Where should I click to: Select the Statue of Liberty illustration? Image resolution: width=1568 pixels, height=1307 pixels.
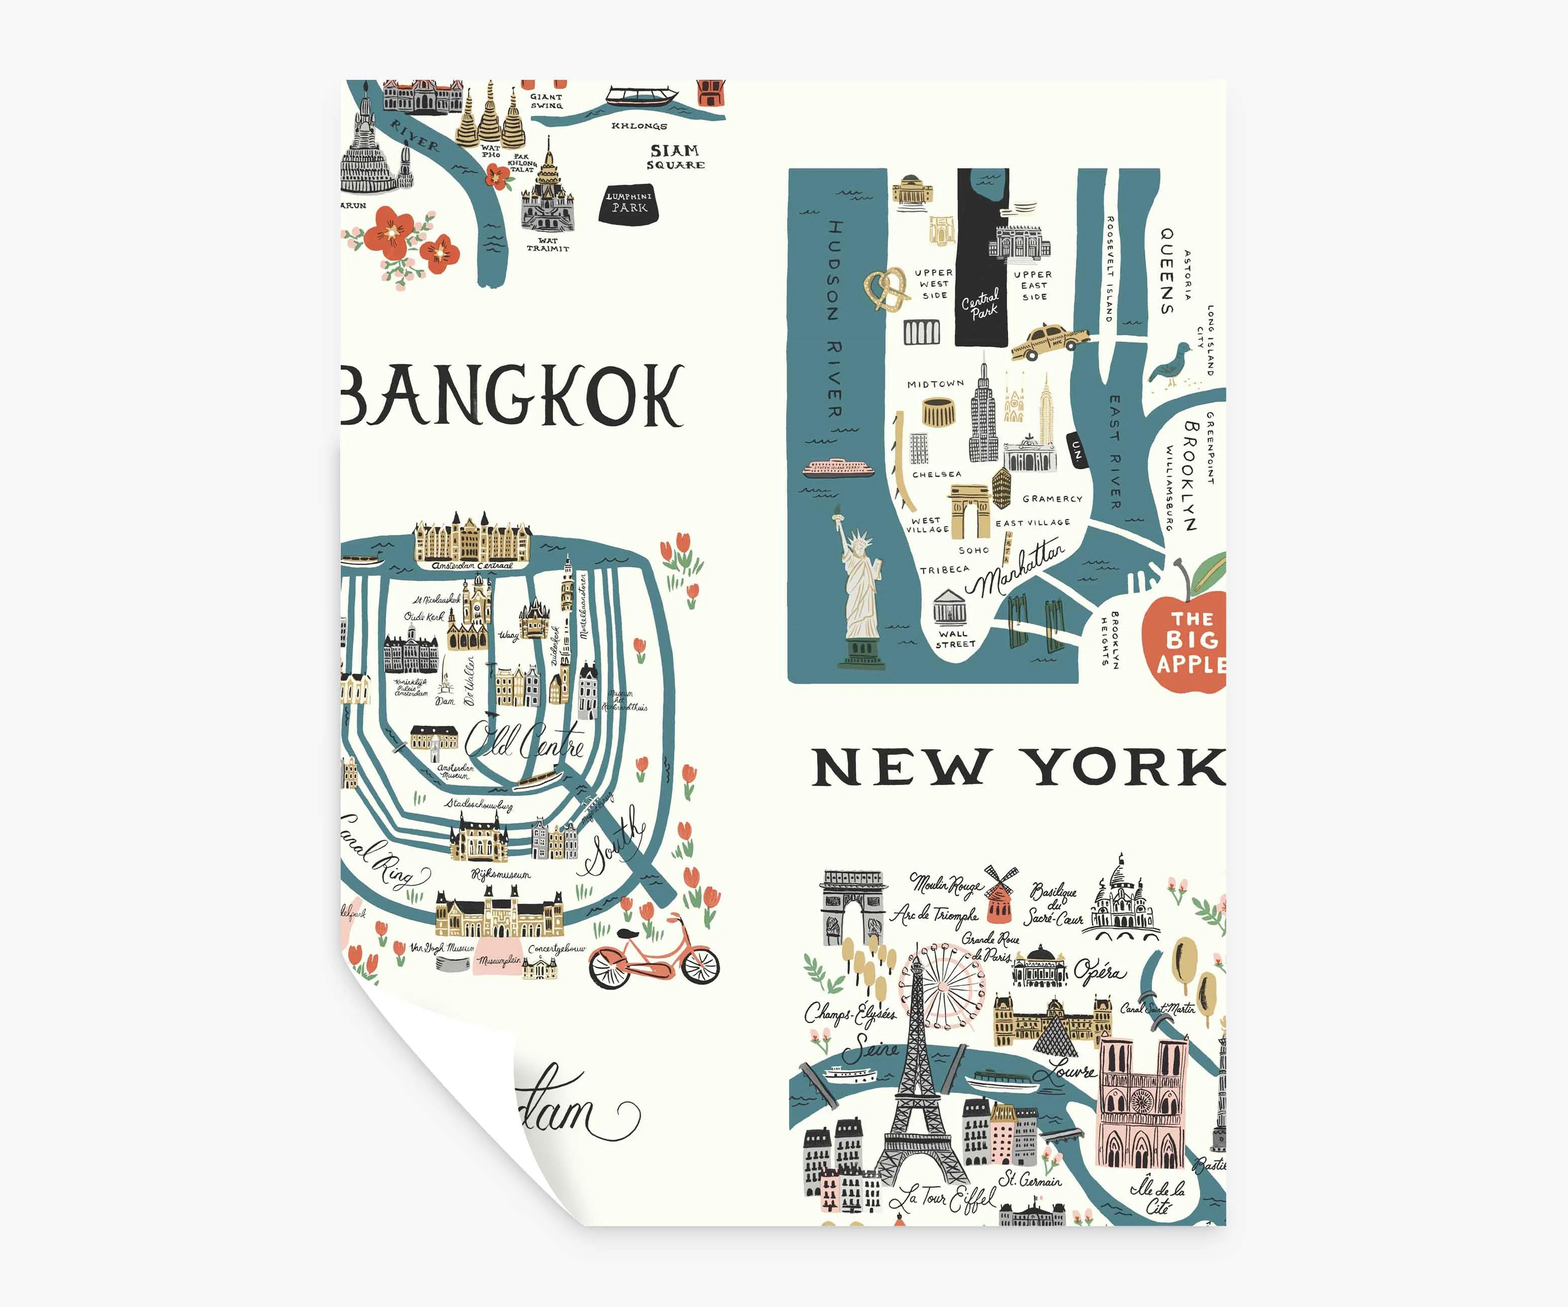(861, 590)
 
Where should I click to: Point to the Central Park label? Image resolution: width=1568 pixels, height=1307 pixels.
(981, 304)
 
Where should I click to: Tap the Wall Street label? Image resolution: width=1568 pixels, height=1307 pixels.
(955, 639)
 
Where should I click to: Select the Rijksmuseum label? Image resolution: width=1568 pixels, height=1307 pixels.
(501, 874)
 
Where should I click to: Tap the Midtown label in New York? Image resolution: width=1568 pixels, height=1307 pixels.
(936, 384)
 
